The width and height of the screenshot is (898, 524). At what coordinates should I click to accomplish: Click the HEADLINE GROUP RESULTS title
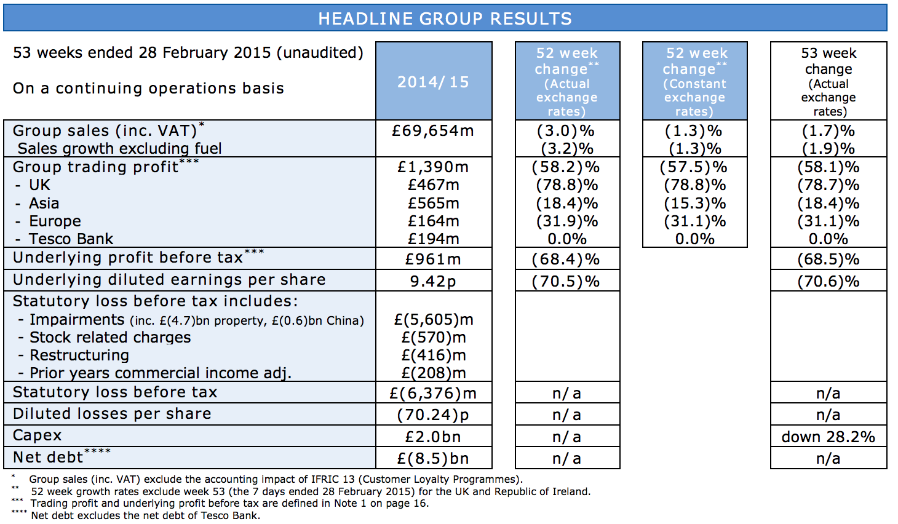tap(445, 19)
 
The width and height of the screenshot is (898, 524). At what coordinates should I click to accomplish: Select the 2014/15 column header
tap(434, 82)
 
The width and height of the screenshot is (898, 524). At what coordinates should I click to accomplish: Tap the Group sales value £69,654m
tap(433, 131)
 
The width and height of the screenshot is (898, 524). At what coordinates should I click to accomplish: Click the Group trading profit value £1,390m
tap(433, 167)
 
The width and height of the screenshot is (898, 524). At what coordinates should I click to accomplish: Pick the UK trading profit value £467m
tap(434, 185)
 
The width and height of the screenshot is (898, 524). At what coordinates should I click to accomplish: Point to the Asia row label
tap(44, 204)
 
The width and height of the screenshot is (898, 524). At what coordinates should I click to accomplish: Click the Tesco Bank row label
tap(71, 239)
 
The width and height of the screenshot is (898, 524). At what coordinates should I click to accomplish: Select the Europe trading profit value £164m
tap(434, 221)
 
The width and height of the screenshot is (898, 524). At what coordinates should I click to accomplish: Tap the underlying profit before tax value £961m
tap(433, 260)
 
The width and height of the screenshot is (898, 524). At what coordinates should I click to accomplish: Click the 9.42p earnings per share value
tap(433, 282)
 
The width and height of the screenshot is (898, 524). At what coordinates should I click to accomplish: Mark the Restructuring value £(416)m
tap(434, 355)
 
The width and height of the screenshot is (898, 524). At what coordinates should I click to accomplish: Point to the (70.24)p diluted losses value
tap(433, 415)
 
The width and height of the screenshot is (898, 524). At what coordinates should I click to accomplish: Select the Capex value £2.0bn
tap(433, 437)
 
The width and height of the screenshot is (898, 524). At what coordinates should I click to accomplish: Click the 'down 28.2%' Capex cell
tap(828, 437)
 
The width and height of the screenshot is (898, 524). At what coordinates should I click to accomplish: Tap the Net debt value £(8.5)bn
tap(433, 459)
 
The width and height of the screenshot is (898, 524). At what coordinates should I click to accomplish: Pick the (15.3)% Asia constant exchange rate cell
tap(695, 204)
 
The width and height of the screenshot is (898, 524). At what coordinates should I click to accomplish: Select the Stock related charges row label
tap(110, 338)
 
